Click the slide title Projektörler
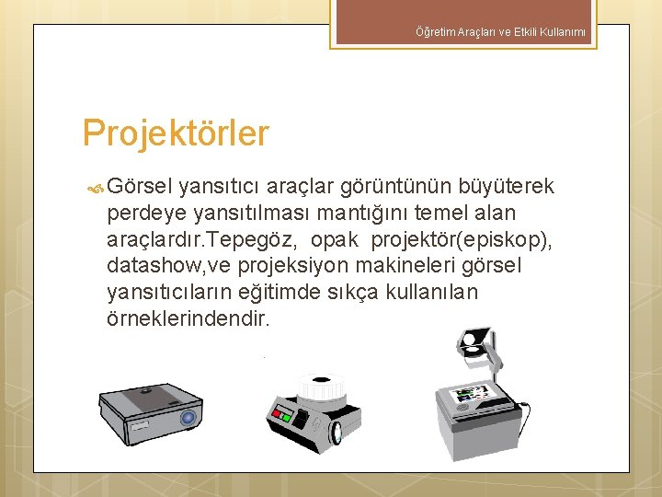tap(175, 133)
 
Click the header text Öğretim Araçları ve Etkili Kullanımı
tap(506, 34)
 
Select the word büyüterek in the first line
tap(511, 187)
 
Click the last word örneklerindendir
tap(188, 319)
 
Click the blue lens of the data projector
tap(188, 419)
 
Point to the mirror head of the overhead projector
tap(473, 346)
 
